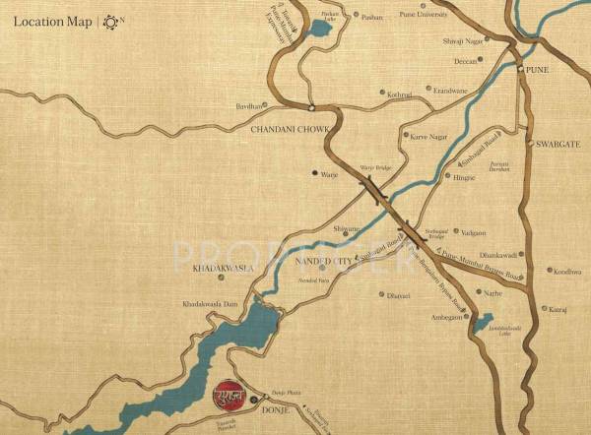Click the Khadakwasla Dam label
click(208, 303)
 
